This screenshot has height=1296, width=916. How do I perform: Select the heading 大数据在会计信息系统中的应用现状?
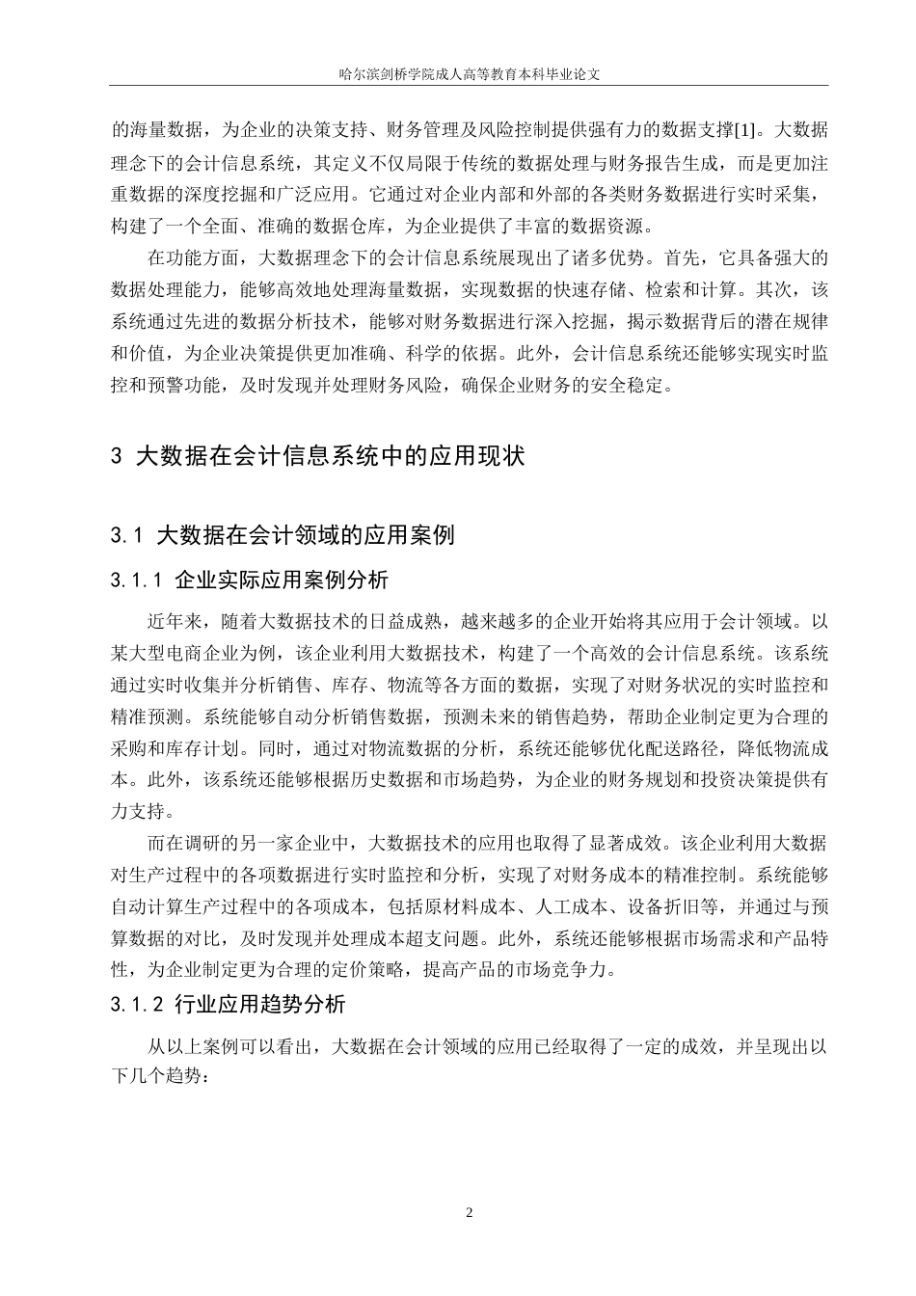point(331,456)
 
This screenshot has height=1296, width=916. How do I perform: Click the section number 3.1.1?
point(139,580)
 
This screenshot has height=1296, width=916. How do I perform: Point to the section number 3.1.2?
point(139,1005)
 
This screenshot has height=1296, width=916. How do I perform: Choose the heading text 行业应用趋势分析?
point(260,1005)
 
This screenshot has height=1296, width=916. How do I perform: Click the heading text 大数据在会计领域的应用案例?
point(305,534)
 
